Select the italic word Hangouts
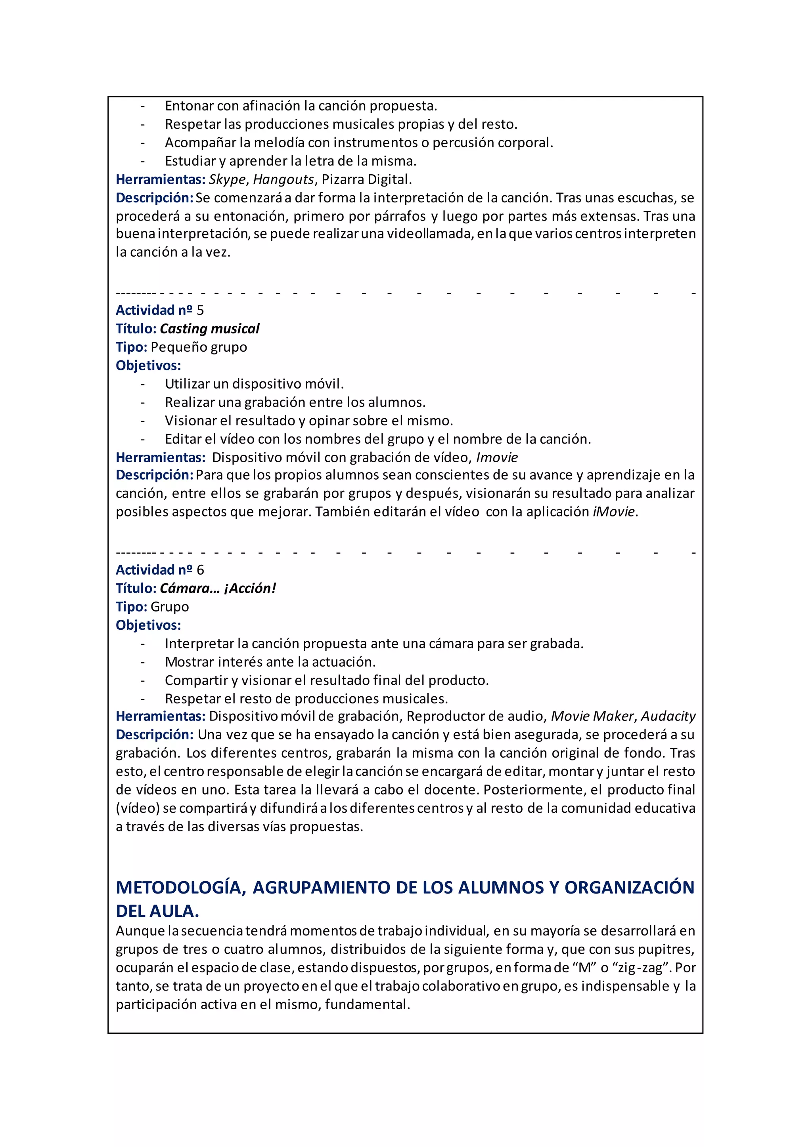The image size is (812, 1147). point(283,179)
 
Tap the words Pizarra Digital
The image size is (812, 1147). point(366,179)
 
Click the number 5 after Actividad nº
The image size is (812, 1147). point(200,310)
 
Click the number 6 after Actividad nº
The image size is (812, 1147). point(200,570)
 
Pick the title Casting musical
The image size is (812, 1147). point(209,329)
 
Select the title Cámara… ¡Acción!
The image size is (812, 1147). point(218,589)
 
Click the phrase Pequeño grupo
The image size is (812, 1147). point(199,347)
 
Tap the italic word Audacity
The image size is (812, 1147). point(668,716)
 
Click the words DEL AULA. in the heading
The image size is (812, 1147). point(157,911)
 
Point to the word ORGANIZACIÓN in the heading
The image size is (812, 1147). point(630,888)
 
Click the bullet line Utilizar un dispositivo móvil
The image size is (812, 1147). point(254,384)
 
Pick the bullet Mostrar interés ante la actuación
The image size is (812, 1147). point(270,662)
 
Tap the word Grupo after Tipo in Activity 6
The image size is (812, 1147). point(170,607)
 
